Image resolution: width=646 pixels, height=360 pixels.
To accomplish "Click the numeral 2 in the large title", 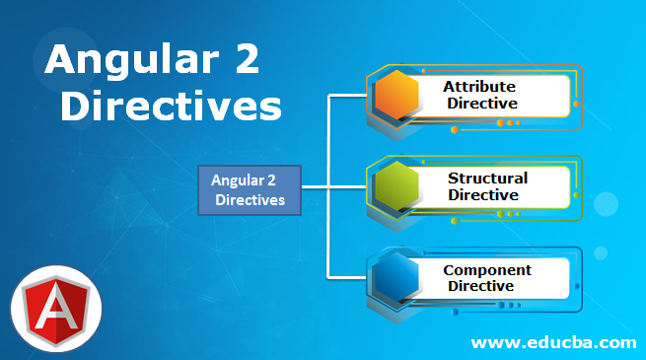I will tap(243, 62).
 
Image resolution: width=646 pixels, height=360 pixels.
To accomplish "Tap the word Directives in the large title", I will tap(170, 107).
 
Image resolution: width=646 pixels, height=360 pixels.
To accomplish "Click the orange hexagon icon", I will tap(400, 96).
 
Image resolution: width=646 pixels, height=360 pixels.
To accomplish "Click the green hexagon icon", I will tap(400, 186).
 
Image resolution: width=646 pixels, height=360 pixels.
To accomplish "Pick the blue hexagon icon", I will tap(400, 276).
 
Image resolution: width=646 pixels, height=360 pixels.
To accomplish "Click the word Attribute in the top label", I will tap(479, 87).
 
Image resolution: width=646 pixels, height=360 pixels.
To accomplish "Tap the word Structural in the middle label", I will tap(487, 179).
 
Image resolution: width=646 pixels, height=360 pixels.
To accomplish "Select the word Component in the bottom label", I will tap(487, 269).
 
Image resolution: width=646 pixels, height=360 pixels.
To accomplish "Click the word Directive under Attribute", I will tap(481, 103).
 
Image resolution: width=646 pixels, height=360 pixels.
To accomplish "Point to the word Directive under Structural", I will tap(483, 194).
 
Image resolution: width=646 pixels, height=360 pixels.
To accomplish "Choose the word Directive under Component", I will tap(481, 285).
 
